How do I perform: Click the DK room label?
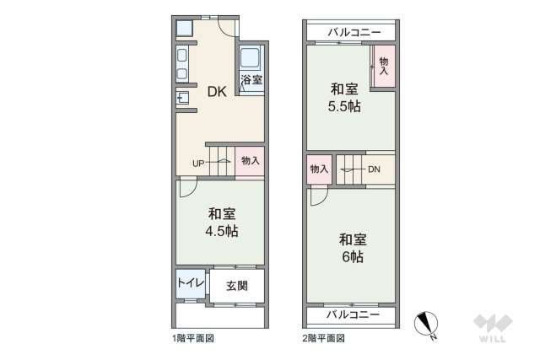217,94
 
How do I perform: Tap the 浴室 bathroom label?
251,81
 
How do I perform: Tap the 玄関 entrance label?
236,286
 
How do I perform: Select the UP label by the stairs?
197,163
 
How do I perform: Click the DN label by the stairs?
374,169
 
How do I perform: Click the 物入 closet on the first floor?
250,160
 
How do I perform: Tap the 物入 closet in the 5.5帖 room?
384,66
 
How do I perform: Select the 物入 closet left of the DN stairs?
319,169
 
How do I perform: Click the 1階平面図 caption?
193,338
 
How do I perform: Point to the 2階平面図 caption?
324,338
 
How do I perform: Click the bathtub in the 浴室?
251,59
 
